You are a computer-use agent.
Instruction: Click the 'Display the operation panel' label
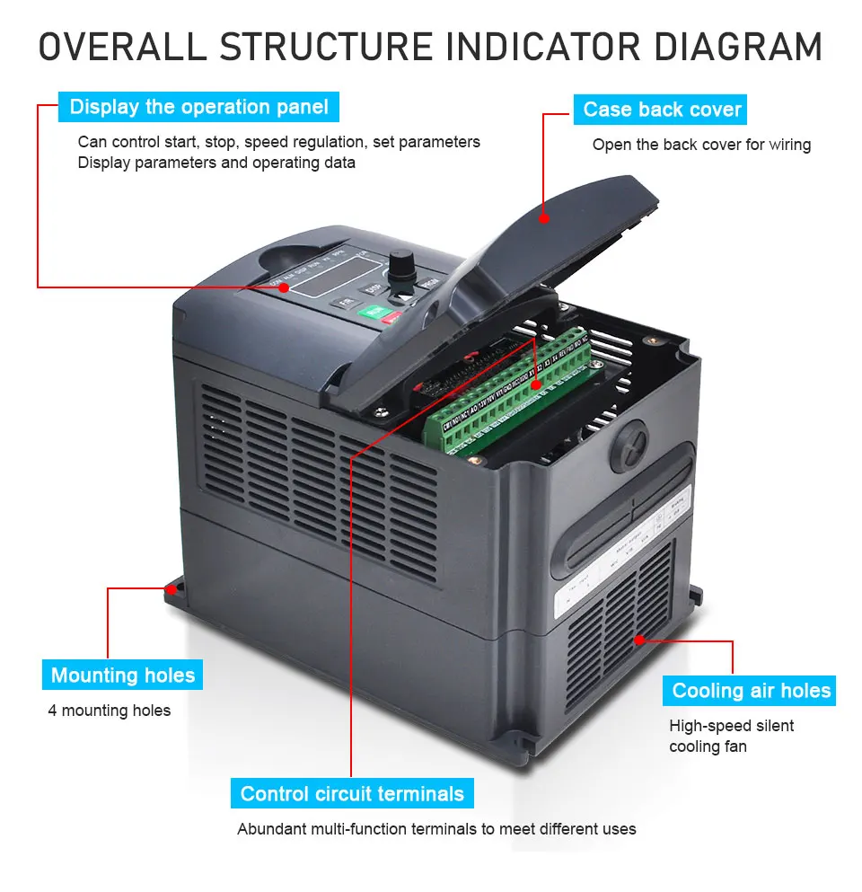pyautogui.click(x=198, y=108)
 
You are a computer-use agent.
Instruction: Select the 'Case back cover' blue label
pyautogui.click(x=662, y=110)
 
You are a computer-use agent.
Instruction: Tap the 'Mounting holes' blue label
pyautogui.click(x=122, y=676)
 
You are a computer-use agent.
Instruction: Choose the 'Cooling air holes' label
pyautogui.click(x=751, y=691)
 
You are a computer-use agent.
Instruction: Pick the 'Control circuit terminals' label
pyautogui.click(x=352, y=794)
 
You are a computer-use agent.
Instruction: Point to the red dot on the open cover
pyautogui.click(x=544, y=216)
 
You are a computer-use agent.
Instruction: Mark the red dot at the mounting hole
pyautogui.click(x=170, y=590)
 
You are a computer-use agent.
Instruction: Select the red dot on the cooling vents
pyautogui.click(x=638, y=640)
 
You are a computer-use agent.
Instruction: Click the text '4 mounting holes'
pyautogui.click(x=109, y=711)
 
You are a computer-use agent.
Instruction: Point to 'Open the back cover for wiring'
pyautogui.click(x=701, y=145)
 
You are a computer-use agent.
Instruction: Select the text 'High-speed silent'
pyautogui.click(x=731, y=726)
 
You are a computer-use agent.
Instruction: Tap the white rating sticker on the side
pyautogui.click(x=620, y=552)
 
